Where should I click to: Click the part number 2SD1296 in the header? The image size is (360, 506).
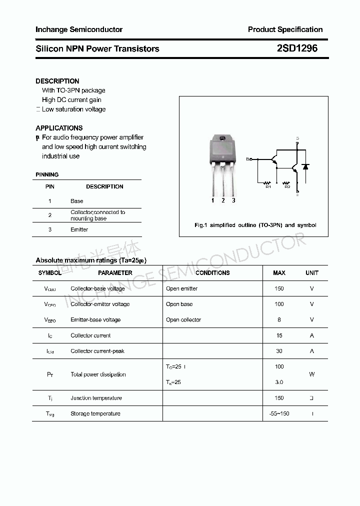pos(296,48)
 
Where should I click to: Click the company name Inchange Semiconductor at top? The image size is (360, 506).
pos(79,29)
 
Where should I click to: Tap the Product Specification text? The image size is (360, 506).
pos(285,29)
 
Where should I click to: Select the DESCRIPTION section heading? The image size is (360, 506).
pos(57,81)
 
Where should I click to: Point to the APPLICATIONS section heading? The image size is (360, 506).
pos(59,128)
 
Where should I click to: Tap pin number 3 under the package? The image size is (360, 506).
pos(233,200)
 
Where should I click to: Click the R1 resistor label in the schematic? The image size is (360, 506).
pos(268,187)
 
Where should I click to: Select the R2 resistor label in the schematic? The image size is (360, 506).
pos(287,187)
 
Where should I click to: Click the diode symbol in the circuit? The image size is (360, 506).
pos(306,166)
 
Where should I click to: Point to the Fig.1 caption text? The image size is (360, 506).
pos(255,225)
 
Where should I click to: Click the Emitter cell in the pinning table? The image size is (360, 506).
pos(79,229)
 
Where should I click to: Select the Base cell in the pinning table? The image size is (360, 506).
pos(76,201)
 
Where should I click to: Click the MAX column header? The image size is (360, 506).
pos(279,273)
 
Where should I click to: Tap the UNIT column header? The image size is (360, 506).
pos(312,273)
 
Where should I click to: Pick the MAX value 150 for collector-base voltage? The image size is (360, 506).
pos(279,288)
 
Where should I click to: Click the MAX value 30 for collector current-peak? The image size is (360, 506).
pos(279,351)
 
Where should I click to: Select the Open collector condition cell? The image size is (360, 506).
pos(183,319)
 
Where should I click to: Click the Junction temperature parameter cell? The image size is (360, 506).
pos(96,398)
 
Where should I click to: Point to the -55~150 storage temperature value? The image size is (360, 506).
pos(279,413)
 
